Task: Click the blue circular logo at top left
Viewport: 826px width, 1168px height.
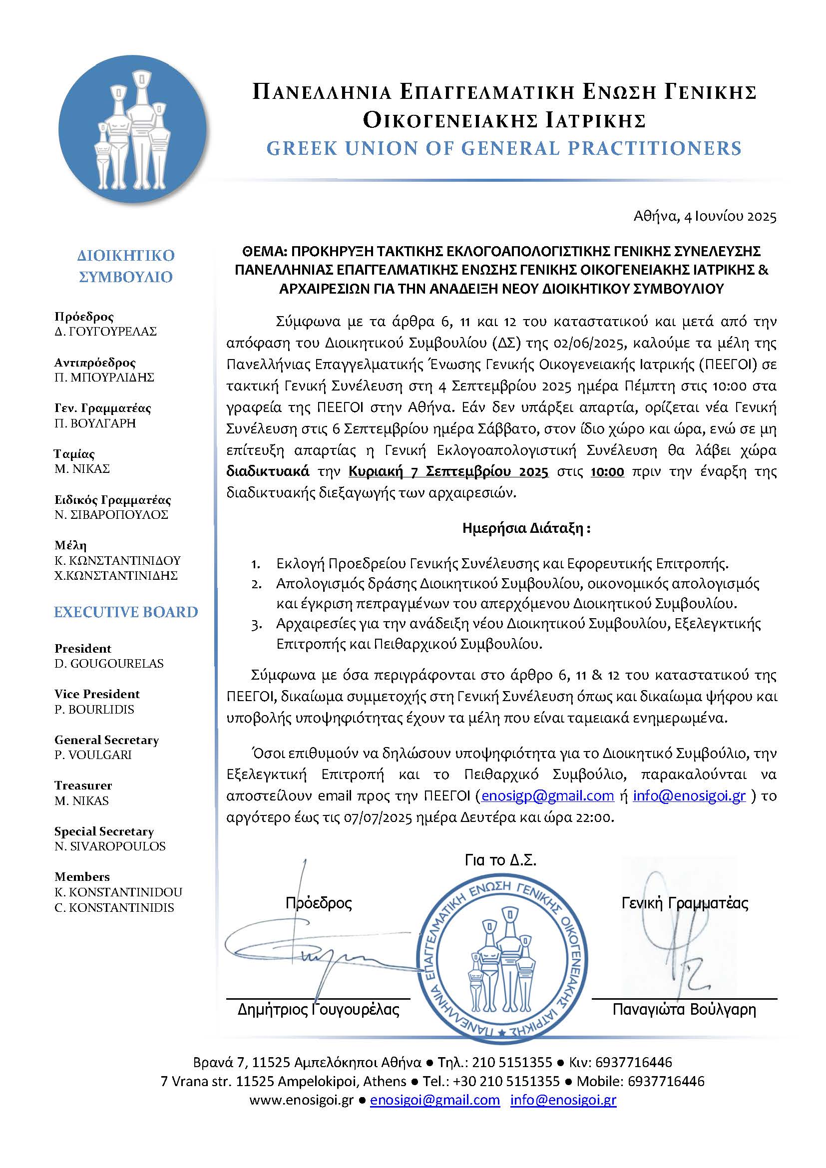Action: point(133,129)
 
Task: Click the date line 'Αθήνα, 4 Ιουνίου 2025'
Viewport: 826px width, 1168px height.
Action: point(705,217)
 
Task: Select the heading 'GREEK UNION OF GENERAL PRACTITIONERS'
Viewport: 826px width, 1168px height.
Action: point(503,148)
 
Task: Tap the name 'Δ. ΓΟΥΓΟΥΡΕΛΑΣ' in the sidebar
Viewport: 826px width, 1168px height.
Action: point(106,332)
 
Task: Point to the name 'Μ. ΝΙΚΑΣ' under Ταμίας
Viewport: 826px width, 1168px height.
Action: point(82,468)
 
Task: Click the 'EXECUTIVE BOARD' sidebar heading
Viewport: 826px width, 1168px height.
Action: point(126,612)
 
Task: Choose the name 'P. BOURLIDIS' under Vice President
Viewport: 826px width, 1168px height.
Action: point(94,710)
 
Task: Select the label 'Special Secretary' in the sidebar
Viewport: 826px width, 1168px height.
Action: point(104,831)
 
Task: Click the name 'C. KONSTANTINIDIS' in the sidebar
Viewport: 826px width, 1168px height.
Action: point(114,907)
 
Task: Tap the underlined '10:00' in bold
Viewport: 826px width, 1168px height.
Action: point(607,471)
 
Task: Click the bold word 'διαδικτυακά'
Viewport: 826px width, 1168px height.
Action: point(268,471)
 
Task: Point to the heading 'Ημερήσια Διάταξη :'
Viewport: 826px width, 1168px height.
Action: point(526,528)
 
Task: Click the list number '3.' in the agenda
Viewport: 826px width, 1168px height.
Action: point(256,624)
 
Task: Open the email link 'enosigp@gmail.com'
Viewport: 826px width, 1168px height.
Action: point(547,795)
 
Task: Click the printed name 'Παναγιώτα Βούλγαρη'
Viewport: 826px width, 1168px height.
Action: point(684,1009)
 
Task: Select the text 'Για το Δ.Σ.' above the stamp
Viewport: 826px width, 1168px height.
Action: point(500,860)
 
